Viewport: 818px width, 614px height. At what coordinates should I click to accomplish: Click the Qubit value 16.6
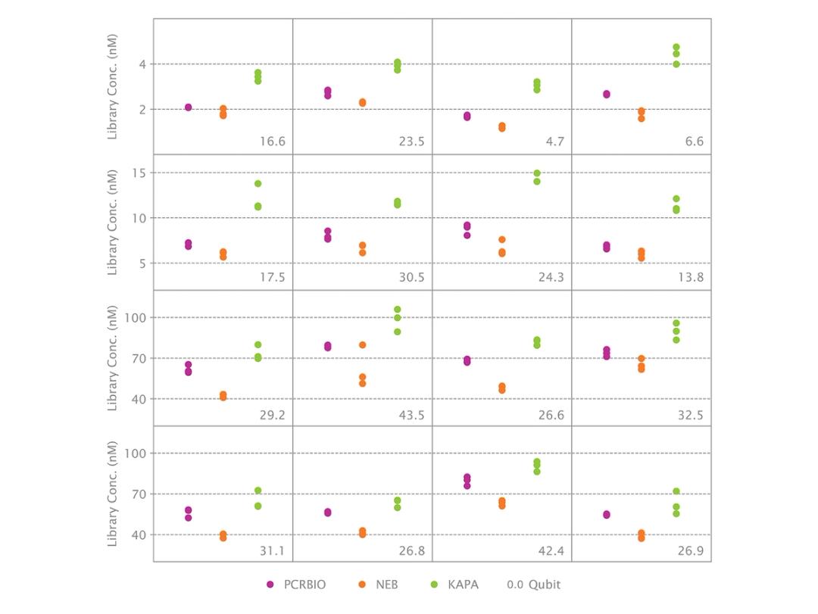point(271,142)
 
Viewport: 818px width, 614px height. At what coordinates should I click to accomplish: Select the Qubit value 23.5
point(411,142)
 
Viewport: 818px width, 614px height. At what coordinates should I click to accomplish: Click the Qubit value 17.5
point(271,277)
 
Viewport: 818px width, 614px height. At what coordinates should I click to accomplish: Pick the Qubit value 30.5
point(411,277)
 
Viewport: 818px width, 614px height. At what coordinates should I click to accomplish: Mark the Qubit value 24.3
point(551,277)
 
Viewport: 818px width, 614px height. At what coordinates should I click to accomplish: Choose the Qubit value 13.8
point(690,277)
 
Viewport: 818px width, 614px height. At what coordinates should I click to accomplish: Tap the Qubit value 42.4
point(551,550)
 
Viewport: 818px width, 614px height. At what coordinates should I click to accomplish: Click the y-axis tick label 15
point(138,173)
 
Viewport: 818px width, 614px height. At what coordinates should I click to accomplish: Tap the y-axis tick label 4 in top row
point(141,64)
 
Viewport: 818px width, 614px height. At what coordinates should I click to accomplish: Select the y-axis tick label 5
point(141,263)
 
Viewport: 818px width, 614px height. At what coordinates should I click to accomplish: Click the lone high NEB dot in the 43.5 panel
point(362,345)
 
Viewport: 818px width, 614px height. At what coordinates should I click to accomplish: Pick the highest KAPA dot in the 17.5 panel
point(258,183)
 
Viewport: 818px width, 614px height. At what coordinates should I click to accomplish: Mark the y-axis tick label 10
point(138,218)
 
